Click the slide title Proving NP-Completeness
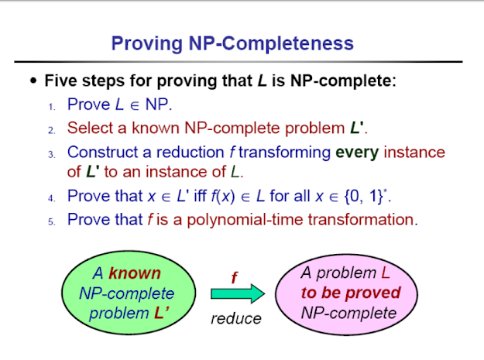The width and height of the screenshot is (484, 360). [232, 42]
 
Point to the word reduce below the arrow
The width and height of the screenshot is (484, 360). [235, 318]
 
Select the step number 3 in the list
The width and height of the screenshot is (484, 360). [51, 154]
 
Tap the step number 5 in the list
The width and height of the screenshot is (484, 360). [51, 221]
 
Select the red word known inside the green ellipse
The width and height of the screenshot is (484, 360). [135, 273]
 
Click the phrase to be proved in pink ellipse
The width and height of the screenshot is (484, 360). [350, 293]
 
